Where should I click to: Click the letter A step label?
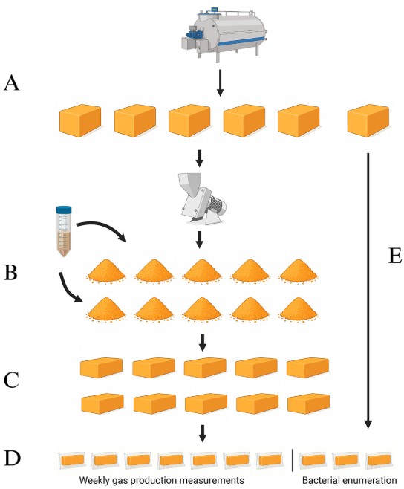coord(12,83)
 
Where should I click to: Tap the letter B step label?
coord(11,273)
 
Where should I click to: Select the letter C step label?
coord(12,380)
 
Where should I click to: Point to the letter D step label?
coord(12,459)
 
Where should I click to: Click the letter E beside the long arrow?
coord(395,256)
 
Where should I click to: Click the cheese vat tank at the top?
coord(224,34)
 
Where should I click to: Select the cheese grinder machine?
coord(202,199)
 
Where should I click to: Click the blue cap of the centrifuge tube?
coord(64,209)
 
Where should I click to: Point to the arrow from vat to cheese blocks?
coord(220,82)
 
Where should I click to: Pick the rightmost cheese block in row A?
coord(368,120)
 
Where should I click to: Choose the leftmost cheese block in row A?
coord(80,120)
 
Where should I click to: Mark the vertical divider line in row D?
coord(293,460)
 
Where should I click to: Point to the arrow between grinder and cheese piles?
coord(200,239)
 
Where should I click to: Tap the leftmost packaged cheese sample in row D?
coord(72,460)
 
